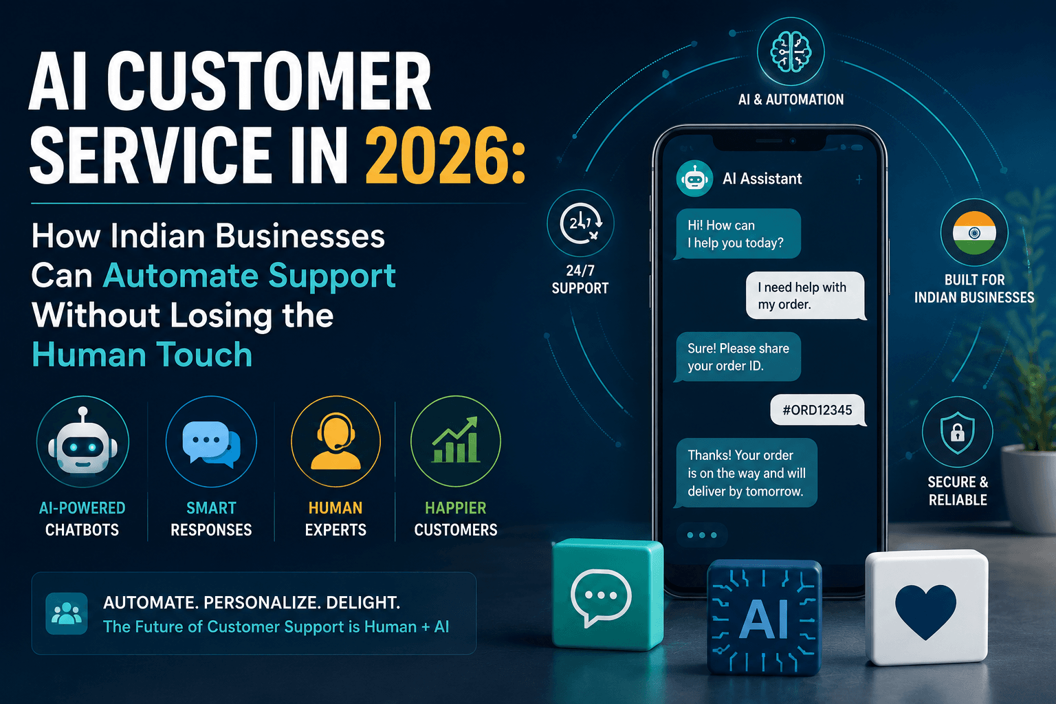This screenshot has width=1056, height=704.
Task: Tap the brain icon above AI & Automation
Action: pyautogui.click(x=791, y=52)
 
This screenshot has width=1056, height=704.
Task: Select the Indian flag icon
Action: pyautogui.click(x=974, y=232)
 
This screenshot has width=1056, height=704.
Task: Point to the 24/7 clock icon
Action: pyautogui.click(x=580, y=223)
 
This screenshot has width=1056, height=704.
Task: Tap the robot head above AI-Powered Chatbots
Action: pyautogui.click(x=82, y=441)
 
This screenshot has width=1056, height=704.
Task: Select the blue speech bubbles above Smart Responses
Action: pyautogui.click(x=211, y=444)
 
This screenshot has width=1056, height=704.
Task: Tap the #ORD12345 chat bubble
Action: pyautogui.click(x=818, y=410)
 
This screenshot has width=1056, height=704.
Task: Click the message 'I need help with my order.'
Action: pyautogui.click(x=806, y=296)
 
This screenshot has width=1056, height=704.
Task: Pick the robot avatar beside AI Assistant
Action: pyautogui.click(x=694, y=179)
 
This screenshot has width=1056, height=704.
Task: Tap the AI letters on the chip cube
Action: pyautogui.click(x=764, y=619)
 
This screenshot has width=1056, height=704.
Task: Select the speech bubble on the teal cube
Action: pyautogui.click(x=601, y=597)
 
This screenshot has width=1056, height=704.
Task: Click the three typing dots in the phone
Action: pyautogui.click(x=702, y=535)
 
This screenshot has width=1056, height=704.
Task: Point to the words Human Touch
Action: pyautogui.click(x=142, y=355)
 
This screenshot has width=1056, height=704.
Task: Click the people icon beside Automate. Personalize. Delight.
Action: pyautogui.click(x=67, y=613)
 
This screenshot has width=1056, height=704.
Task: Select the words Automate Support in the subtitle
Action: pyautogui.click(x=250, y=276)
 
